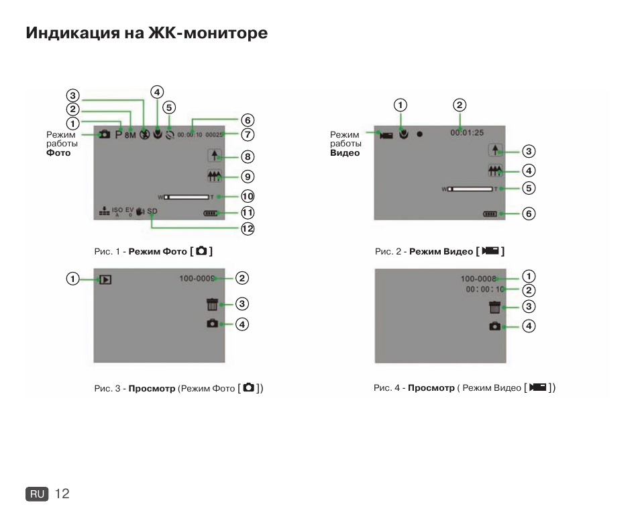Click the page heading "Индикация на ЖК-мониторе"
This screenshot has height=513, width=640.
[147, 34]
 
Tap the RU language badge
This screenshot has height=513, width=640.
[38, 494]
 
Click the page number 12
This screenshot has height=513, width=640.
[62, 494]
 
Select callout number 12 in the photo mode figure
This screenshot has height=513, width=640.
[248, 228]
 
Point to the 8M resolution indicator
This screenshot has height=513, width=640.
[130, 134]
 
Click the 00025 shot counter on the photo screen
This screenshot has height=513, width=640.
[213, 134]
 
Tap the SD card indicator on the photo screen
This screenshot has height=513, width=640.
[152, 212]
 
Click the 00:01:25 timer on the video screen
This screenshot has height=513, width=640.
[467, 133]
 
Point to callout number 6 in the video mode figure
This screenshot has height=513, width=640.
[529, 214]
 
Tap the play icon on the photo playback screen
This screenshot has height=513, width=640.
[105, 279]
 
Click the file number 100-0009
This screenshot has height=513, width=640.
[197, 278]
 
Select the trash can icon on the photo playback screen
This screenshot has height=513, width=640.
[213, 304]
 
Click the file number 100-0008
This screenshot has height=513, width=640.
[478, 278]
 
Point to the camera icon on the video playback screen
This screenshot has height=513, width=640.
[494, 326]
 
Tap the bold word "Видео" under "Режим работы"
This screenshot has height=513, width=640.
[345, 153]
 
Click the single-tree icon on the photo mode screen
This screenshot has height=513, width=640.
[215, 156]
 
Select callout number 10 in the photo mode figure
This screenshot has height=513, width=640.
[248, 197]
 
